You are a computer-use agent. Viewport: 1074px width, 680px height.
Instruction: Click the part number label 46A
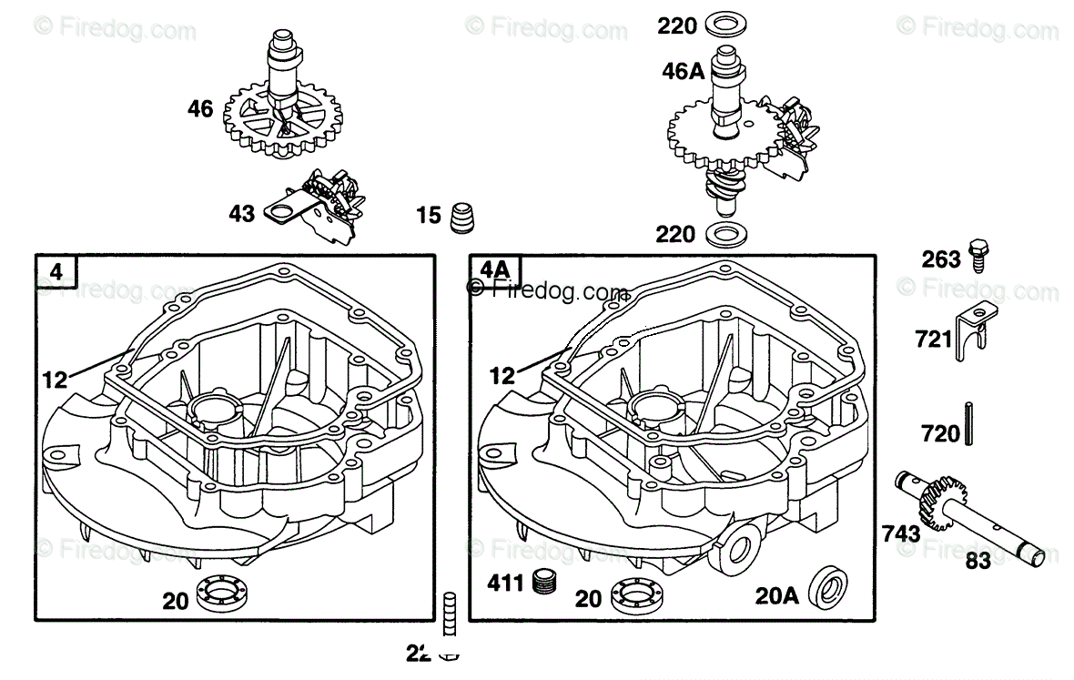(684, 70)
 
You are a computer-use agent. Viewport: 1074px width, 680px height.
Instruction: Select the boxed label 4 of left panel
(56, 271)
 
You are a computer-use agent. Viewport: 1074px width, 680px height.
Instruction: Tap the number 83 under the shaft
(978, 561)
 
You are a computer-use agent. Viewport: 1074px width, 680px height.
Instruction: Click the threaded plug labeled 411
(546, 580)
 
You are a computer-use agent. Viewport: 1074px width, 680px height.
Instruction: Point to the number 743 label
(900, 533)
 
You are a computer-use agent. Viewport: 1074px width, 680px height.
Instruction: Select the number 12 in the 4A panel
(502, 374)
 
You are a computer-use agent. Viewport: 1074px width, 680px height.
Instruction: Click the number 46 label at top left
(200, 109)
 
